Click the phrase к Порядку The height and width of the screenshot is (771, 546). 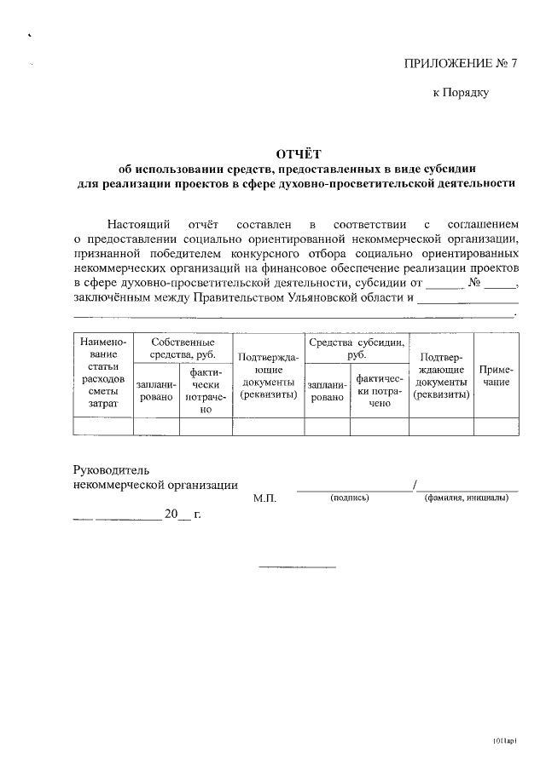(x=461, y=92)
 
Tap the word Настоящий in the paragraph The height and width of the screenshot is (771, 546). (x=135, y=223)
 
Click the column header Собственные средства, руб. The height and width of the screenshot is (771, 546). (x=183, y=348)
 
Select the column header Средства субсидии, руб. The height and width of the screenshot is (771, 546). (x=356, y=348)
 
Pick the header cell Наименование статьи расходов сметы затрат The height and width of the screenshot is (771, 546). (x=103, y=377)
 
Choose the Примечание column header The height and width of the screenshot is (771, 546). (x=496, y=377)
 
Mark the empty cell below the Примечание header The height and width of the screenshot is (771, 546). (x=496, y=426)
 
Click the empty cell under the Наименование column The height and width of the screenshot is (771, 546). (x=103, y=426)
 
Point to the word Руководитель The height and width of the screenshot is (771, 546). (x=112, y=469)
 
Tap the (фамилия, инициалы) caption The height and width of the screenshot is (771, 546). (x=466, y=498)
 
